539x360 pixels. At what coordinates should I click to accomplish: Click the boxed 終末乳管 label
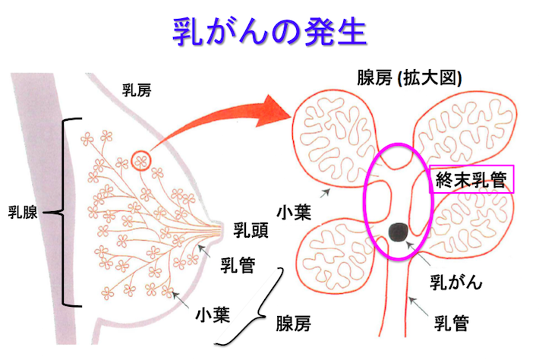[471, 180]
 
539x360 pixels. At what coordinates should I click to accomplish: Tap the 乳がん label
[456, 283]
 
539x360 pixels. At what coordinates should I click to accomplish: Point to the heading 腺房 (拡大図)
[410, 79]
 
